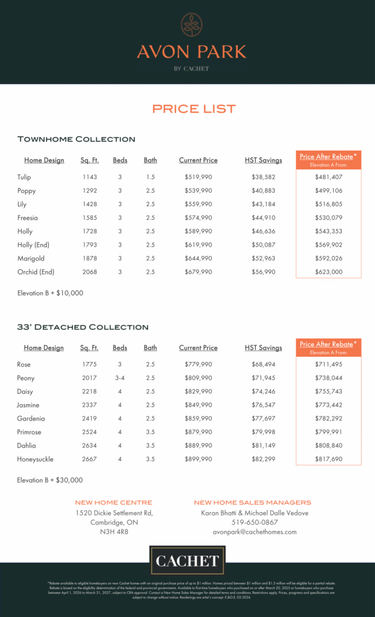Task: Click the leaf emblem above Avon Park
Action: tap(192, 25)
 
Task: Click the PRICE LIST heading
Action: tap(194, 109)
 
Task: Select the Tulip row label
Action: tap(24, 177)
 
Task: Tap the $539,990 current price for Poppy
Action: tap(198, 191)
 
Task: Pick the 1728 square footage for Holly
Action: tap(90, 231)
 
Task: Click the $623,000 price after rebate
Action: tap(329, 272)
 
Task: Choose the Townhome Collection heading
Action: tap(76, 139)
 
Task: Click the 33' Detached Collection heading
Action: tap(83, 327)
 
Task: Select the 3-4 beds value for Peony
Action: tap(120, 378)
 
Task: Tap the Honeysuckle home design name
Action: tap(36, 459)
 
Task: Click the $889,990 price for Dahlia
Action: tap(198, 446)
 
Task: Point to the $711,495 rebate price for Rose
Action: tap(329, 365)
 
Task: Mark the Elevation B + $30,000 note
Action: tap(50, 480)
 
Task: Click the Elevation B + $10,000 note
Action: tap(50, 293)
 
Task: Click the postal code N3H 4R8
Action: tap(114, 532)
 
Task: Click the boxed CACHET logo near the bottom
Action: tap(187, 561)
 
